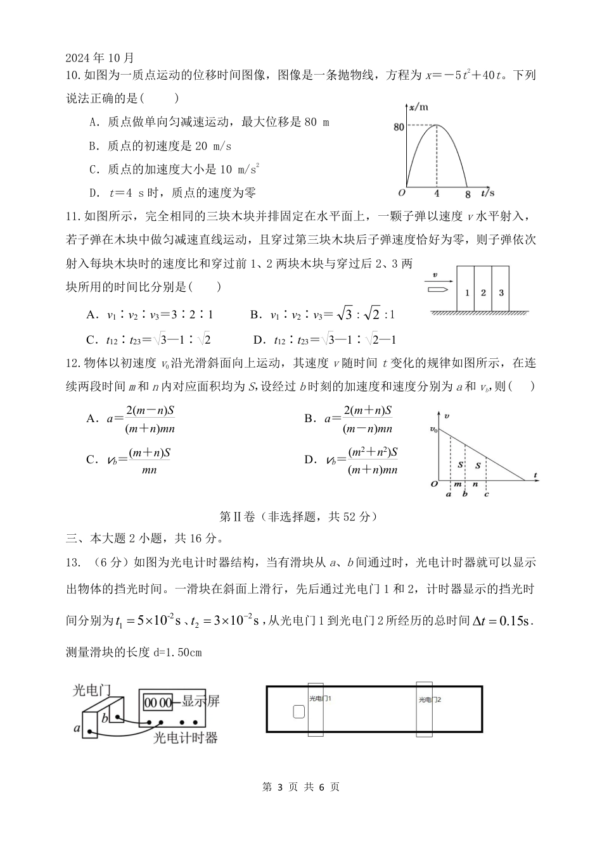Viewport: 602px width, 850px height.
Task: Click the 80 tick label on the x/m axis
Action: [x=399, y=127]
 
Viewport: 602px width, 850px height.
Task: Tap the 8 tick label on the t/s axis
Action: [x=468, y=193]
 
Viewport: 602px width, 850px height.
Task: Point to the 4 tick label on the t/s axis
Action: [x=437, y=193]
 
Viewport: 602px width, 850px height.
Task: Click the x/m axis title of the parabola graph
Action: [x=419, y=108]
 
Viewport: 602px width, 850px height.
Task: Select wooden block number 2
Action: [x=484, y=292]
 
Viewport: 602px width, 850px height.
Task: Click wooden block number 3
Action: [x=501, y=292]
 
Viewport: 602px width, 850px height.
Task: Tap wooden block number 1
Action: [x=466, y=292]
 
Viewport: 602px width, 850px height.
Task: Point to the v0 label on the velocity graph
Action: [x=433, y=430]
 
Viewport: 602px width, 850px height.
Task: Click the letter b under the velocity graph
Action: [x=465, y=494]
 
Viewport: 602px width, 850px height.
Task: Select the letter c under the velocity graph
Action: [x=487, y=494]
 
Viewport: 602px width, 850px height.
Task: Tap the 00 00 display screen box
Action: [x=158, y=703]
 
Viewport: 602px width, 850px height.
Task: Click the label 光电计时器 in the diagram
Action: [x=186, y=737]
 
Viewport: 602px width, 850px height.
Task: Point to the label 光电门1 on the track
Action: [x=321, y=699]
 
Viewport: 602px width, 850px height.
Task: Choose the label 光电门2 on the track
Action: [x=430, y=700]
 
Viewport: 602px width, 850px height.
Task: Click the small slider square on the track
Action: [x=298, y=711]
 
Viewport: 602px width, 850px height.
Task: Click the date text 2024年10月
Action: [x=100, y=58]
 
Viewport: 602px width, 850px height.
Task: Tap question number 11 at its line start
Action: [x=74, y=216]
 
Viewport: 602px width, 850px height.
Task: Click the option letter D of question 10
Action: [x=94, y=193]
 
